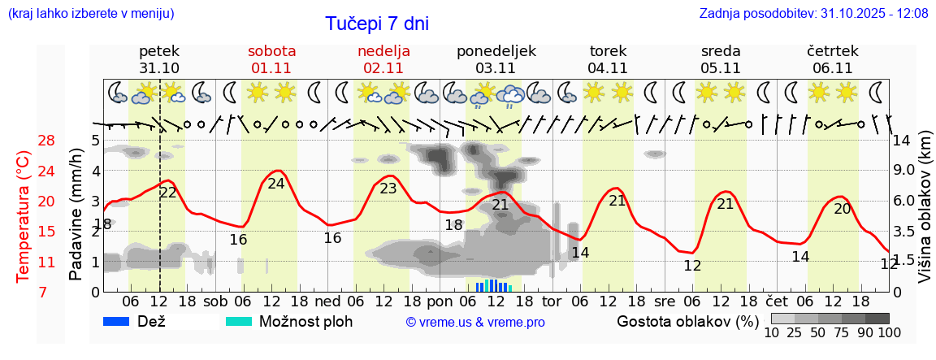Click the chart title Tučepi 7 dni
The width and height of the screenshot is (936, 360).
pos(377,24)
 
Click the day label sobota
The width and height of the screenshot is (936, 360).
pos(272,51)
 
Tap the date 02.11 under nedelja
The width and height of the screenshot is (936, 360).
pos(383,68)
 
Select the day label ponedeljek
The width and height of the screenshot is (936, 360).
pos(496,51)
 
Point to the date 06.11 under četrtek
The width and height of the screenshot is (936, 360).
pos(832,68)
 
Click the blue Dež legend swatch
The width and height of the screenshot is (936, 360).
pos(117,321)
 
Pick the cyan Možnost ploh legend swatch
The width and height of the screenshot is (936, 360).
pos(238,321)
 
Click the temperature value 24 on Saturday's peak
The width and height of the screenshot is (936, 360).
pos(276,184)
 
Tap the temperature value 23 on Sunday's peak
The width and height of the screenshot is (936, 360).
pos(388,189)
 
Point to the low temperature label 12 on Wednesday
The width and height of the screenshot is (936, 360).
pos(692,266)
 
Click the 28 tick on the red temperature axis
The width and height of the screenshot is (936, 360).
pos(24,141)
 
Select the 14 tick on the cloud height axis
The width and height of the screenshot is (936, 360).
pos(903,141)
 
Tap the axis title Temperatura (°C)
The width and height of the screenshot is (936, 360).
pos(24,216)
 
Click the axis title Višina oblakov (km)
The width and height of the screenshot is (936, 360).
pos(925,216)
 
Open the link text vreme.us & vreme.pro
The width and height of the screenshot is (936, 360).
pos(475,322)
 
